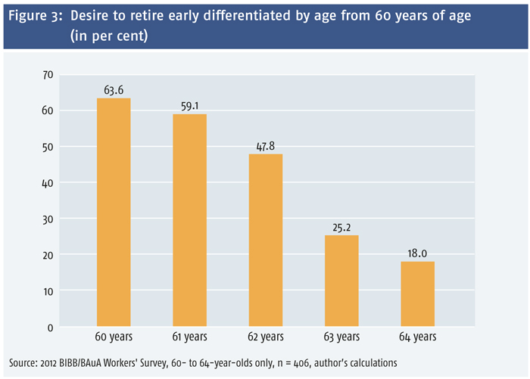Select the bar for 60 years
tap(114, 212)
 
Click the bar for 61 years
tap(189, 220)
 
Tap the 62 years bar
tap(266, 240)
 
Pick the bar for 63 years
tap(341, 281)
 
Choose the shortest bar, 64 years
tap(418, 294)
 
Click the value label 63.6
tap(114, 90)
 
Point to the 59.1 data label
tap(189, 106)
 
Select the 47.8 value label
tap(266, 146)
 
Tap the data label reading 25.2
tap(341, 228)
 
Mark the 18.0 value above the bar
tap(417, 253)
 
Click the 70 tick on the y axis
tap(48, 75)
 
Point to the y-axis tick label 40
tap(48, 183)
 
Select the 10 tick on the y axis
tap(48, 291)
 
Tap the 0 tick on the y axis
tap(51, 328)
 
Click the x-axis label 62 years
tap(266, 337)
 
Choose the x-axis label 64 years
tap(418, 337)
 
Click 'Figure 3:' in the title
tap(36, 16)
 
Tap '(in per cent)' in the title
tap(109, 36)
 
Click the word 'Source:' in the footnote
tap(23, 363)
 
